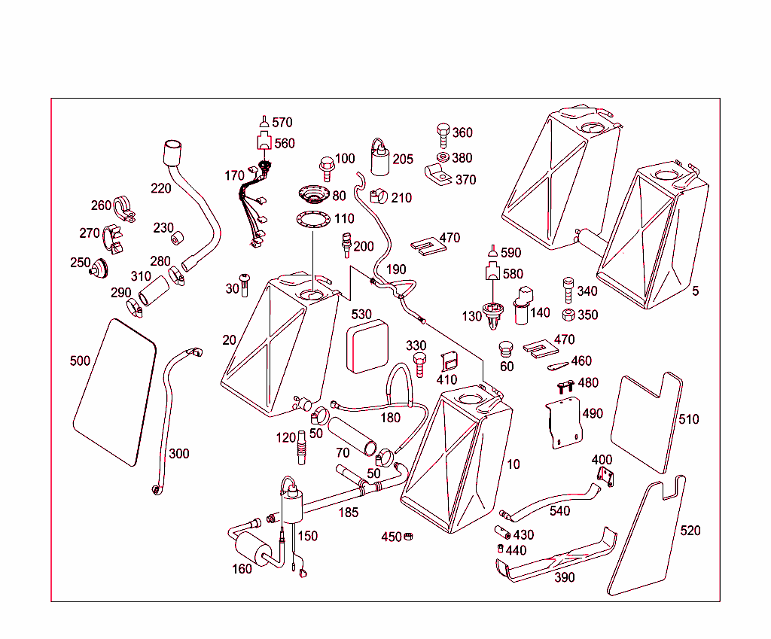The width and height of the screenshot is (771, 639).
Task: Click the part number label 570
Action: tap(282, 122)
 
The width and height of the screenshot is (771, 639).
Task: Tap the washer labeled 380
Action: tap(443, 157)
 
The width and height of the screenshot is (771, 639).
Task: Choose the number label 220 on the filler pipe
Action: tap(161, 188)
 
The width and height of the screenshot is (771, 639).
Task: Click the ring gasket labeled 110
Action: tap(313, 220)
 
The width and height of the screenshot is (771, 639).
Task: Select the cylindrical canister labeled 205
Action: tap(379, 160)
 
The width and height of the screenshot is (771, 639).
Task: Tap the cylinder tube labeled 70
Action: tap(352, 437)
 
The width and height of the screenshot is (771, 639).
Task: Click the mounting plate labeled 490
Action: tap(565, 425)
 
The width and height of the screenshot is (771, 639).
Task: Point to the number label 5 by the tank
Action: tap(695, 291)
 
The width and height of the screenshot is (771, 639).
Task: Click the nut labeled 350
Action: tap(568, 314)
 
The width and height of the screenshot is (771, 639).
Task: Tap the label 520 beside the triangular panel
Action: tap(690, 531)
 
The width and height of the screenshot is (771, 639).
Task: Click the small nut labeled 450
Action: tap(410, 536)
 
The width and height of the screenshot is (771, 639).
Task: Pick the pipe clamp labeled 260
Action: tap(125, 208)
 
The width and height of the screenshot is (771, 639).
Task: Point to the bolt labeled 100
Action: tap(327, 166)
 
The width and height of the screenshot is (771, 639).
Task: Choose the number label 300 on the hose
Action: tap(179, 453)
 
